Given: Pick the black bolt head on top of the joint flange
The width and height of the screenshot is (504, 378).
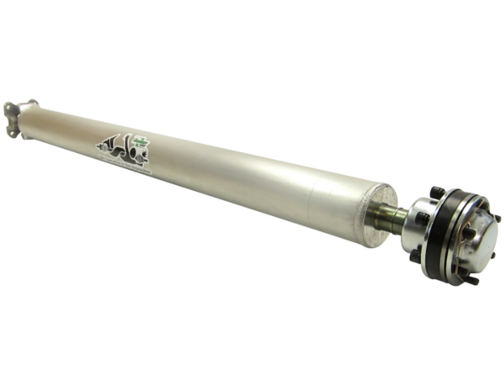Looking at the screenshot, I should [x=437, y=191].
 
